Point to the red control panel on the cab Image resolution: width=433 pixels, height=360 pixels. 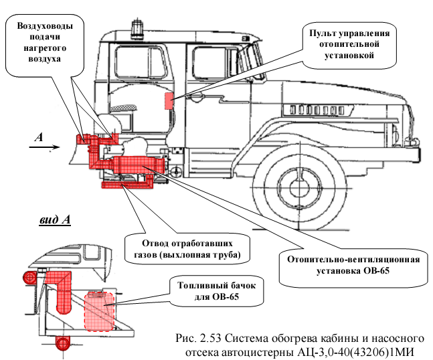click(169, 100)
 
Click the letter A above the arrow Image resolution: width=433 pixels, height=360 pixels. click(39, 137)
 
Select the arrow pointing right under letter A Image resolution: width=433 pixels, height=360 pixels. click(42, 151)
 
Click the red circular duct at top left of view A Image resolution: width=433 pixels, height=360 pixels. click(29, 277)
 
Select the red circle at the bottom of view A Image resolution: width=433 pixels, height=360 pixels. click(63, 344)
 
